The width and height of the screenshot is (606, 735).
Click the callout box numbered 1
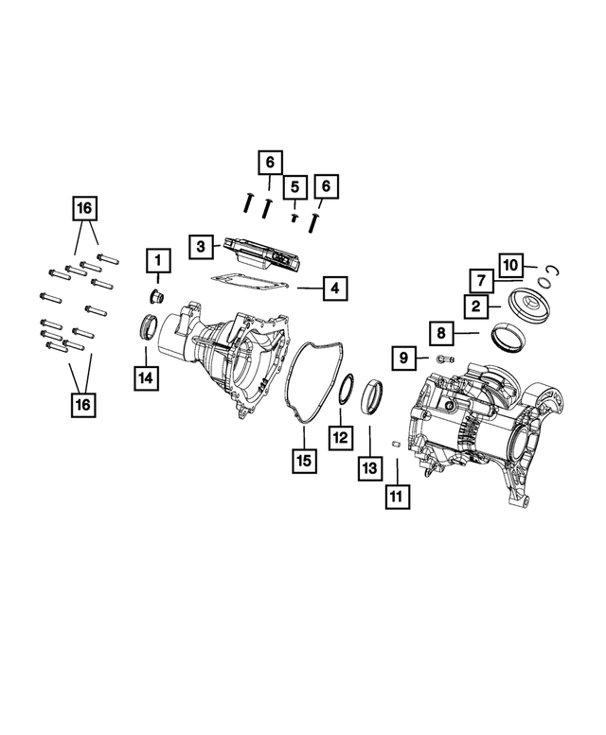(x=158, y=258)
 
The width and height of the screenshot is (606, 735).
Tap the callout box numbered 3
(x=202, y=246)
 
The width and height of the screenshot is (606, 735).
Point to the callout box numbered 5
(x=294, y=186)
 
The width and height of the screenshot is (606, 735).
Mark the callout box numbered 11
(x=395, y=496)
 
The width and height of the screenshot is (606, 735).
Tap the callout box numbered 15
(x=303, y=461)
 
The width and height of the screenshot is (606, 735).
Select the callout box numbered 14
(x=146, y=377)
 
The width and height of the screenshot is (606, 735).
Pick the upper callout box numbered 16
(x=86, y=206)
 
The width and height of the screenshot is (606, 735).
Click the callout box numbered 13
(x=370, y=466)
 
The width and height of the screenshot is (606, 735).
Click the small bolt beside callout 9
(x=444, y=359)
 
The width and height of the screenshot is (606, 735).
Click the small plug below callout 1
(x=158, y=297)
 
